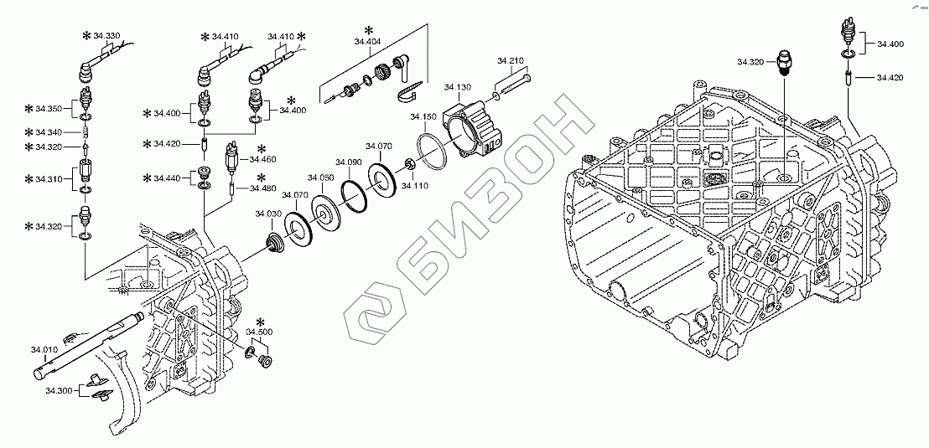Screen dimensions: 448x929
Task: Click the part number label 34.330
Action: (106, 35)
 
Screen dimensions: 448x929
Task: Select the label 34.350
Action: (49, 109)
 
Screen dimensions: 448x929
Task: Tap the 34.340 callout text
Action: (49, 132)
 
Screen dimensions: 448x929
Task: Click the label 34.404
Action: (367, 41)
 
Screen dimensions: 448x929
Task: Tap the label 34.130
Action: (457, 87)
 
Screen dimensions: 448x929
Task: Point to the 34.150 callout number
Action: (423, 116)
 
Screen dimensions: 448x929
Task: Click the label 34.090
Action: (348, 162)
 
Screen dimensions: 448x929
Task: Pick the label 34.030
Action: (268, 214)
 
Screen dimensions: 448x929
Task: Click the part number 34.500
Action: (259, 332)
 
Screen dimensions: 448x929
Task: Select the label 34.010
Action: (44, 349)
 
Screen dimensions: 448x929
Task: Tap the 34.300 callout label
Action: (59, 390)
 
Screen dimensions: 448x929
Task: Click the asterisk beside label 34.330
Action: (86, 35)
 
